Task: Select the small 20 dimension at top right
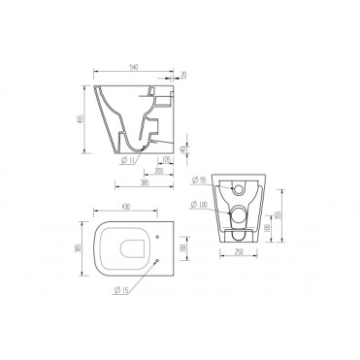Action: [182, 74]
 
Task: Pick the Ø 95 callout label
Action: [198, 180]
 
